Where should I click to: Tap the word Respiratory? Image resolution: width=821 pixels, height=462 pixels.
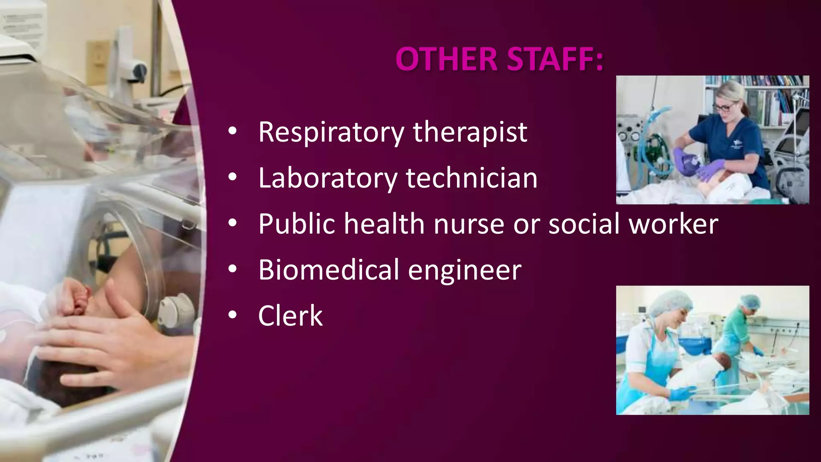click(331, 132)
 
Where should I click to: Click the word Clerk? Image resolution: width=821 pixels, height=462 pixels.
click(290, 316)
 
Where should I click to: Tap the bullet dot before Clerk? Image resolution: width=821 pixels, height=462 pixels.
click(233, 315)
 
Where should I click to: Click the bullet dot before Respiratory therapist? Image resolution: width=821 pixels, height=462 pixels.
click(233, 132)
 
